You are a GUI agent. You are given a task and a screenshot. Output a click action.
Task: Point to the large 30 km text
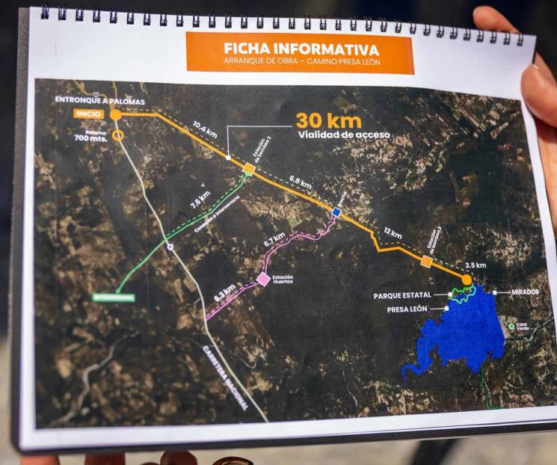[x=328, y=120]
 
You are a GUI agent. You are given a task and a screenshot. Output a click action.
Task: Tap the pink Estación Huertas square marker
[x=263, y=279]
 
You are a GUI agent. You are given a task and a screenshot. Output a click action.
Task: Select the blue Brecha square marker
[x=336, y=212]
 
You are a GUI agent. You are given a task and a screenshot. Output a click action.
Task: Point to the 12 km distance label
[x=392, y=233]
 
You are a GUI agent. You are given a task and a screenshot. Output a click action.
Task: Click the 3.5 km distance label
[x=476, y=265]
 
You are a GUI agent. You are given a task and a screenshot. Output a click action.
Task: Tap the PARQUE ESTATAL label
[x=402, y=296]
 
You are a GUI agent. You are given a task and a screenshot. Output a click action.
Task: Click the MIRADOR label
[x=525, y=292]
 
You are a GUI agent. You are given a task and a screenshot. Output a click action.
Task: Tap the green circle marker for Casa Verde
[x=511, y=326]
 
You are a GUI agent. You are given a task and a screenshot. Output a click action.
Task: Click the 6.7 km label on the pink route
[x=274, y=241]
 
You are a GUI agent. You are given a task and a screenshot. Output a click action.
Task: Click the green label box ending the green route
[x=114, y=297]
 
